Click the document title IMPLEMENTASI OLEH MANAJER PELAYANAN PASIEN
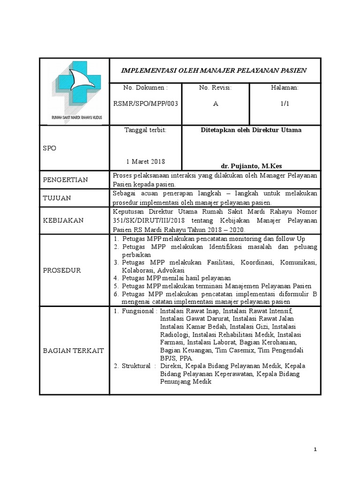click(214, 70)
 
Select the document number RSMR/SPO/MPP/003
click(145, 104)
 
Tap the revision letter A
click(215, 104)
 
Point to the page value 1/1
click(285, 104)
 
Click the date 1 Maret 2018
click(145, 161)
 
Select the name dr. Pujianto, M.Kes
click(251, 166)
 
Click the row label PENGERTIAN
click(65, 180)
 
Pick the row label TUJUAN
click(57, 198)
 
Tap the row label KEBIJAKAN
click(63, 220)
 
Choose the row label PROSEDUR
click(62, 270)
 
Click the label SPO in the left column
click(49, 148)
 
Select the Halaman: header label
click(285, 88)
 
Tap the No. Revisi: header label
click(215, 88)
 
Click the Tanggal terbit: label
click(145, 130)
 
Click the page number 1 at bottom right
click(315, 450)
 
